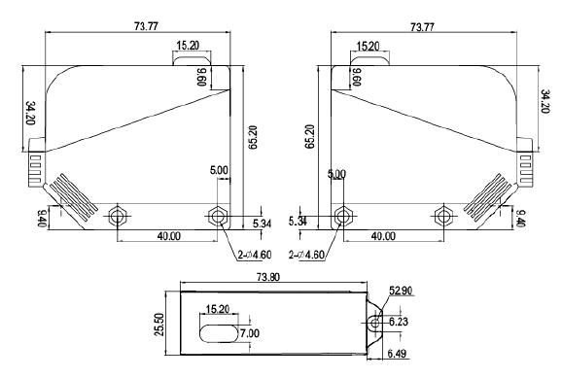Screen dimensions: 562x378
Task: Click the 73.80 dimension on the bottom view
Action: click(268, 277)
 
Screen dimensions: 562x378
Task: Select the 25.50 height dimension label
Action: click(159, 325)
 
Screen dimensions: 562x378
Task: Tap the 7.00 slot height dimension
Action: click(250, 333)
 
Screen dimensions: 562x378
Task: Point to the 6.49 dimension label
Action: click(397, 354)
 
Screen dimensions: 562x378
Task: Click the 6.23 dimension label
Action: click(399, 322)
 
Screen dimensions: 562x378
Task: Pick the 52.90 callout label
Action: click(401, 291)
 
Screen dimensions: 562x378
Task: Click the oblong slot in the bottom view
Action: click(219, 333)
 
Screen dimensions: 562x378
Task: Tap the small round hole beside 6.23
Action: click(375, 324)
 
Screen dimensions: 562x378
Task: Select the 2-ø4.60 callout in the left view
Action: click(255, 255)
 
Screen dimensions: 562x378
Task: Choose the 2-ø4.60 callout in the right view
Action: click(306, 255)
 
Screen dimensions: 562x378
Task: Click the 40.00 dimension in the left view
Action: click(169, 236)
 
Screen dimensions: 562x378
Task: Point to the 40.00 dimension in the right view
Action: click(383, 236)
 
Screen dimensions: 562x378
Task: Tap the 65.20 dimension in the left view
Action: click(253, 137)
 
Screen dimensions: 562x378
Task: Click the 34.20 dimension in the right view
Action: click(544, 102)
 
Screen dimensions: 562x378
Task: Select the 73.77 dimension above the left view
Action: click(146, 26)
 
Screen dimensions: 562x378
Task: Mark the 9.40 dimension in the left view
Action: click(42, 219)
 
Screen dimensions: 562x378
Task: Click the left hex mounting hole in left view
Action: click(118, 216)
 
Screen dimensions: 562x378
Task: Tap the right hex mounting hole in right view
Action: click(443, 216)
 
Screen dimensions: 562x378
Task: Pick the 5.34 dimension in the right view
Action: click(298, 222)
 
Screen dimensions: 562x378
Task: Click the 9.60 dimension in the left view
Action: click(202, 77)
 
